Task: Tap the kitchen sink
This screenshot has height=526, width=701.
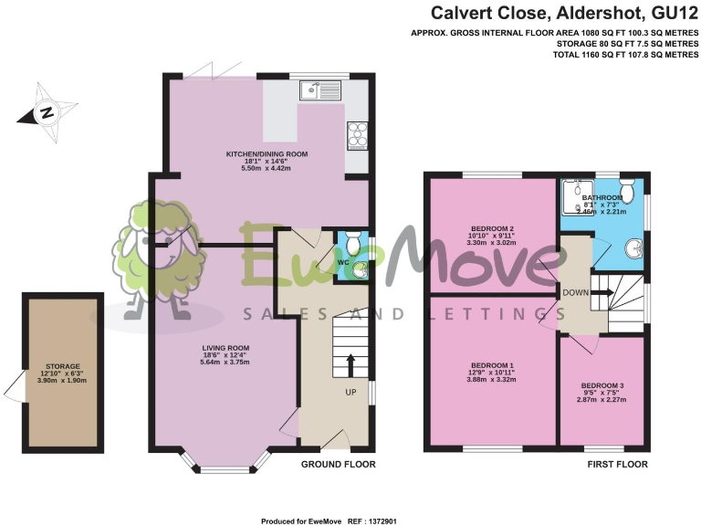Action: coord(319,89)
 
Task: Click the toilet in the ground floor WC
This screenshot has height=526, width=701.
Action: coord(361,269)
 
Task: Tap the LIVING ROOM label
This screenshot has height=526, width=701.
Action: coord(225,347)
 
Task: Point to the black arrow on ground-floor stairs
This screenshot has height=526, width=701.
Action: coord(350,364)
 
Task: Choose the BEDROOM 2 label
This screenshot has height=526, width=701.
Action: coord(493,228)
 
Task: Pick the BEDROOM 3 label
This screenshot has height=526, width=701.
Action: coord(602,385)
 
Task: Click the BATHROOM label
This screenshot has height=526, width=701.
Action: coord(603,197)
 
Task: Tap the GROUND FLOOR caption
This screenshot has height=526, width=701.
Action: coord(338,465)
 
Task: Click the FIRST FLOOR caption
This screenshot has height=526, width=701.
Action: coord(617,465)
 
